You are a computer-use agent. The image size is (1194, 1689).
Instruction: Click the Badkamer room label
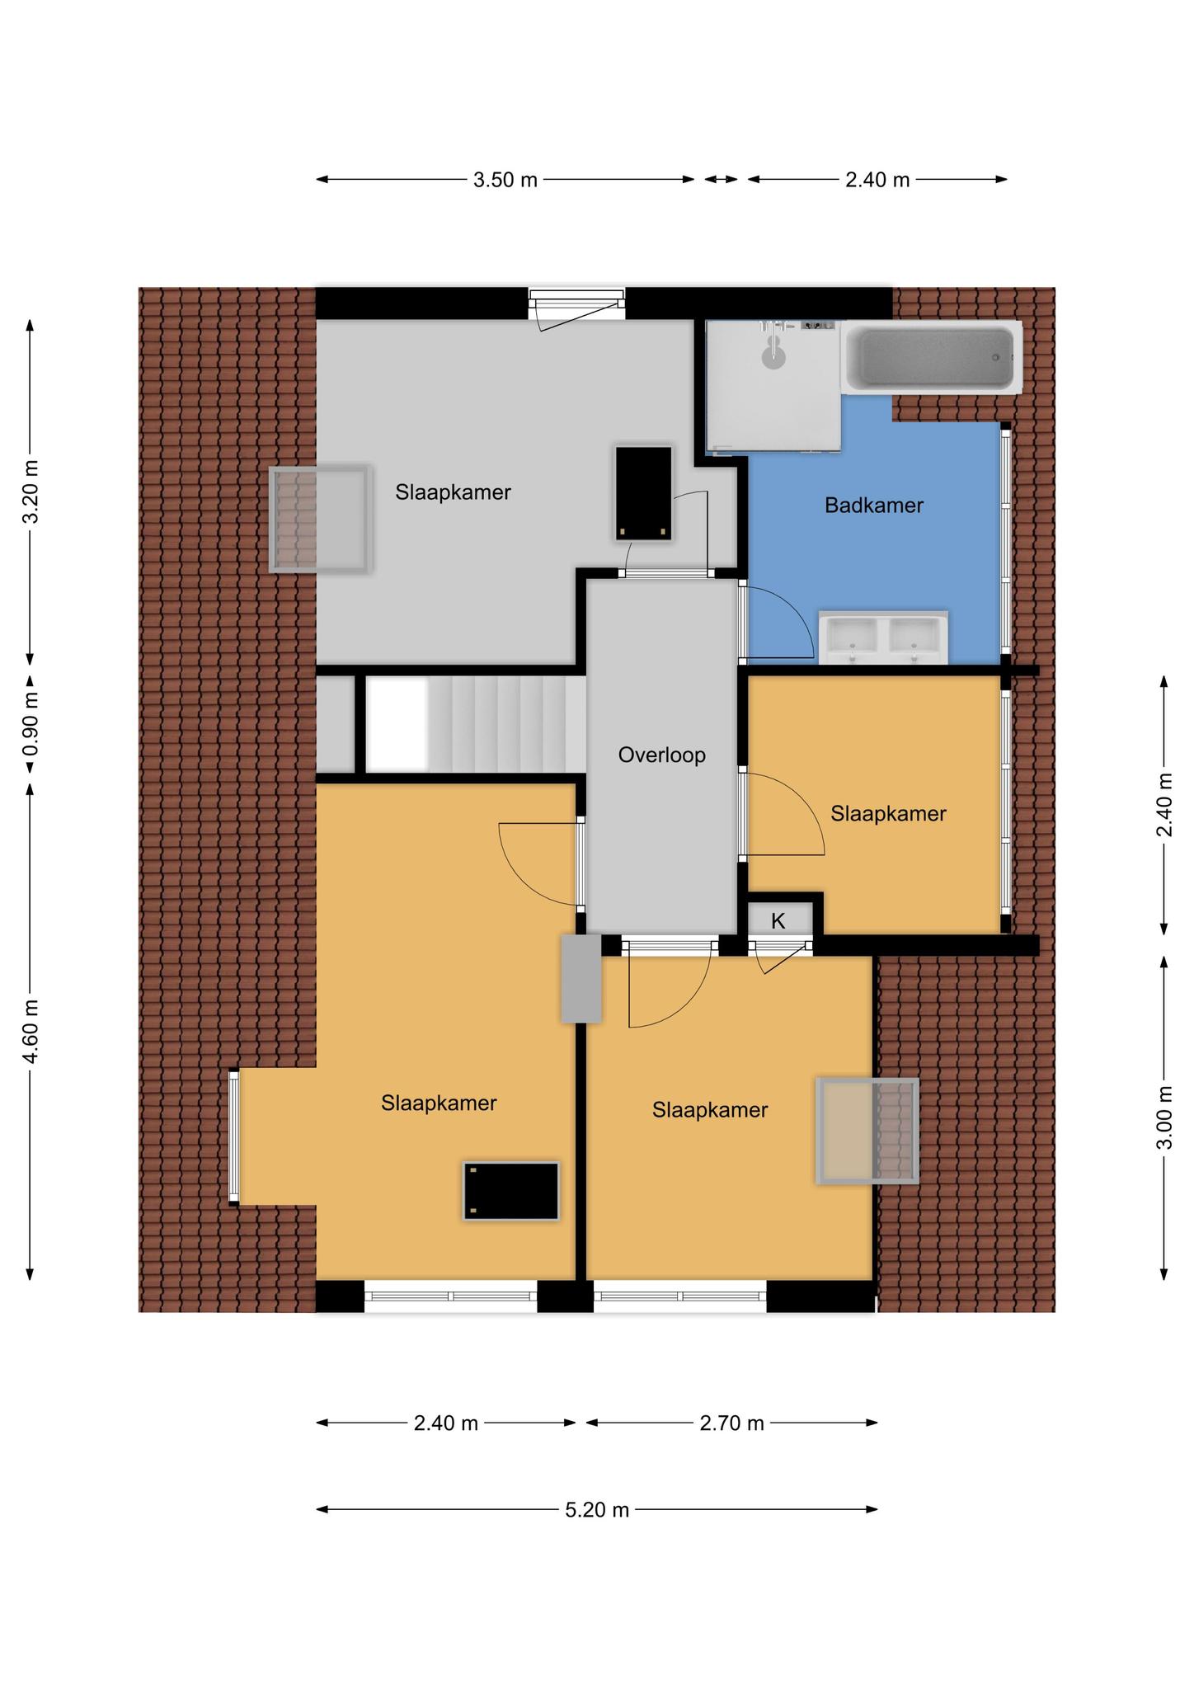click(x=873, y=506)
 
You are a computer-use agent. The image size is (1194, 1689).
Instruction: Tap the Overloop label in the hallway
click(x=661, y=755)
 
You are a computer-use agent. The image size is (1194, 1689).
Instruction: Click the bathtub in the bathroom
click(x=931, y=358)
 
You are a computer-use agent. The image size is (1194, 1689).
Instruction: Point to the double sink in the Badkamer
click(x=883, y=637)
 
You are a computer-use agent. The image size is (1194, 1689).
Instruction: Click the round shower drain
click(x=773, y=358)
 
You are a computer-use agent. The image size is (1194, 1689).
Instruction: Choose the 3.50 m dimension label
click(x=505, y=180)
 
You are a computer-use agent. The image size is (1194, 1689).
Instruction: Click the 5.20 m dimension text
click(x=597, y=1509)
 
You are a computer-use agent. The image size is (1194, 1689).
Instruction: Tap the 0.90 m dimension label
click(x=30, y=722)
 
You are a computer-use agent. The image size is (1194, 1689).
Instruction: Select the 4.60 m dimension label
click(x=30, y=1031)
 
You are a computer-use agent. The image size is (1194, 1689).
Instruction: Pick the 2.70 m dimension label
click(x=731, y=1423)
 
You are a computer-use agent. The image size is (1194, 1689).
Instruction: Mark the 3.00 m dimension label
click(x=1164, y=1117)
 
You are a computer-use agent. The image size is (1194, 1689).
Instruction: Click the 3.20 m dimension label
click(x=30, y=492)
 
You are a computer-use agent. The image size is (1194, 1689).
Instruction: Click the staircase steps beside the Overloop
click(x=476, y=724)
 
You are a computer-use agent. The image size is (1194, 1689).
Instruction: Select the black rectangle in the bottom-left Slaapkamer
click(x=511, y=1190)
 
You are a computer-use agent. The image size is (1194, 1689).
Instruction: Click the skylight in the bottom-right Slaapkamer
click(x=867, y=1131)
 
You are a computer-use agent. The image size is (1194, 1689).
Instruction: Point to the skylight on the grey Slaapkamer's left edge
click(x=321, y=519)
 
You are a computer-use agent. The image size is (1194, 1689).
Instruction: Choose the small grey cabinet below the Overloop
click(x=581, y=979)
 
